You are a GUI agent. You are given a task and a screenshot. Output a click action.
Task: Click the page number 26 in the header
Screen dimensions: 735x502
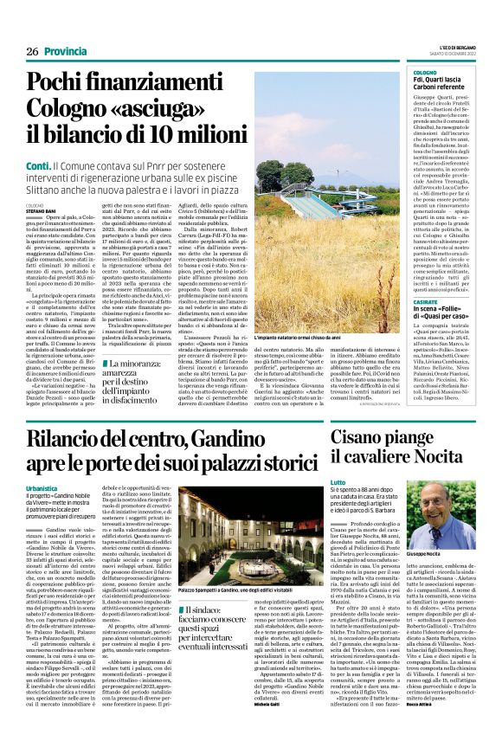(x=32, y=51)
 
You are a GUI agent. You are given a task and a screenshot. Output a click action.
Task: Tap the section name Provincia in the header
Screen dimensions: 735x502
(x=67, y=51)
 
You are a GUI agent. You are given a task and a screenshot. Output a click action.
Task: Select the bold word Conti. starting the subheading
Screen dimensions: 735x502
(x=37, y=164)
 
